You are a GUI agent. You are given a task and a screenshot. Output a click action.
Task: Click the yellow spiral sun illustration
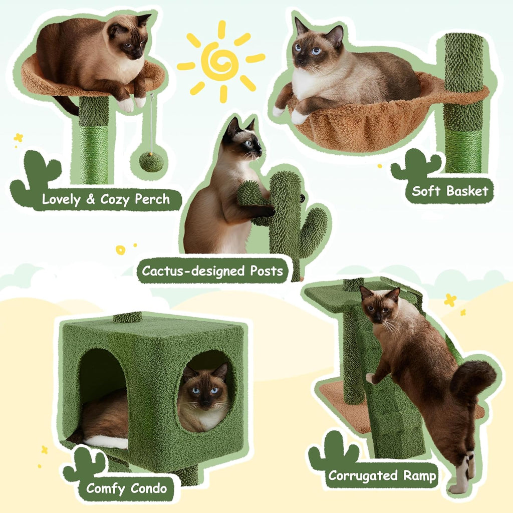pyautogui.click(x=220, y=61)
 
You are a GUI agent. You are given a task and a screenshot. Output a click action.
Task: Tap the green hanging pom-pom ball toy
pyautogui.click(x=151, y=161)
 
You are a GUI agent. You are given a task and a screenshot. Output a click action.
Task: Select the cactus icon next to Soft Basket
pyautogui.click(x=416, y=165)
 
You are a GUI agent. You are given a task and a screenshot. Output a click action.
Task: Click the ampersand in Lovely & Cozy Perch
pyautogui.click(x=90, y=199)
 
